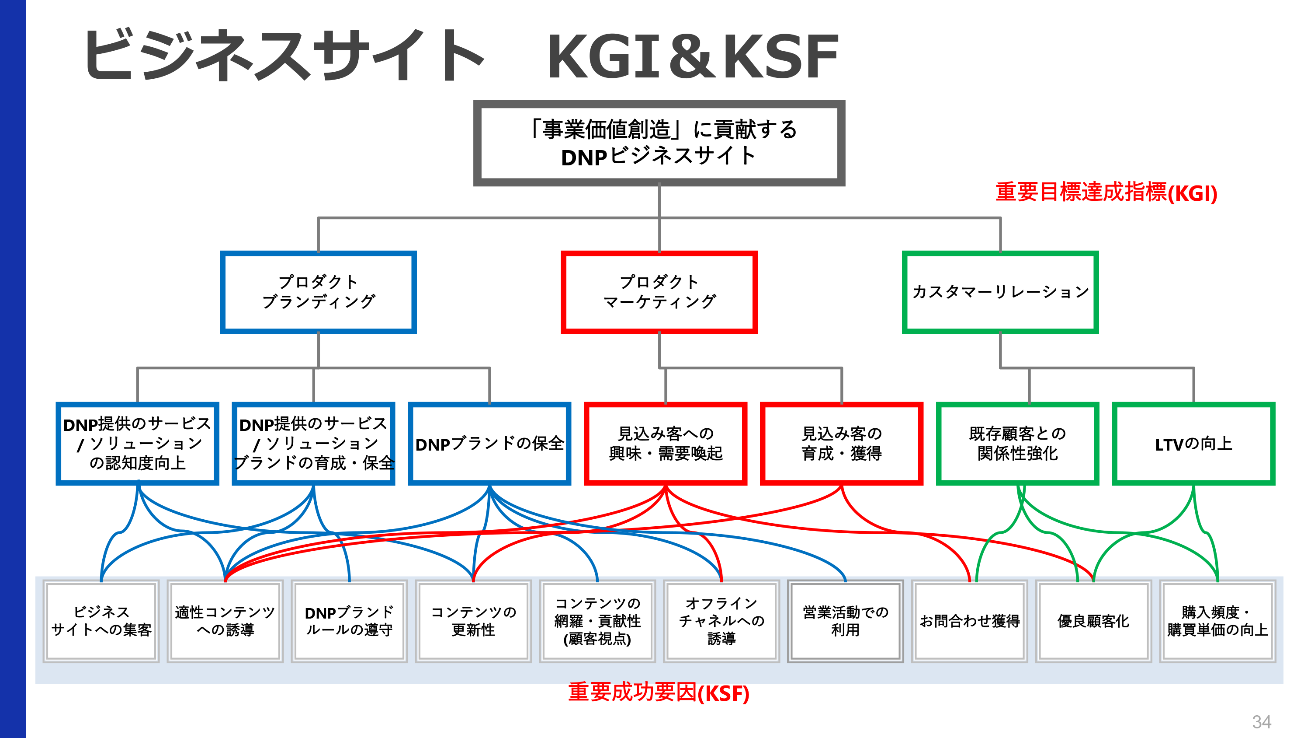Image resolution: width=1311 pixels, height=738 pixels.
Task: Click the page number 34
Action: (x=1261, y=721)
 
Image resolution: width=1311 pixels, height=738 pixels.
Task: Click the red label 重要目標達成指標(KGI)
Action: (x=1106, y=192)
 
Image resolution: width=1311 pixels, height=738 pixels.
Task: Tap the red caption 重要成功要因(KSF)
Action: (x=659, y=693)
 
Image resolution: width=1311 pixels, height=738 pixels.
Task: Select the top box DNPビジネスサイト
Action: (x=659, y=143)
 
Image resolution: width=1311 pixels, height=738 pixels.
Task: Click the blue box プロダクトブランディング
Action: (x=318, y=292)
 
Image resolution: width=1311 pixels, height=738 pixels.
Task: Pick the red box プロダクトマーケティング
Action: (x=659, y=292)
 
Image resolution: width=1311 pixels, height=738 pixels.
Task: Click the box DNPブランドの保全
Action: (x=489, y=444)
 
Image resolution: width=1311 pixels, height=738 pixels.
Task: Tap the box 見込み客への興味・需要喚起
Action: (x=665, y=444)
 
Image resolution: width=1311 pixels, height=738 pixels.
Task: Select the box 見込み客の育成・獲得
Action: (x=841, y=444)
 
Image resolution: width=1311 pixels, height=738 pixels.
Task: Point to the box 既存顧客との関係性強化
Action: (x=1017, y=444)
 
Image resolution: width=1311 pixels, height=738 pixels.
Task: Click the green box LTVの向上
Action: (x=1193, y=444)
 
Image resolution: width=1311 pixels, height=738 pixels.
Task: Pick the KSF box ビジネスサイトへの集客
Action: (x=101, y=621)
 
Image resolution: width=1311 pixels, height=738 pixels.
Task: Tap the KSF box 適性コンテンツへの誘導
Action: (x=225, y=621)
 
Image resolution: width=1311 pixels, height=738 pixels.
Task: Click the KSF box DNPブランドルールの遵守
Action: (x=349, y=621)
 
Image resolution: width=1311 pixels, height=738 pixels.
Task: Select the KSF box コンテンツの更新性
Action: (x=473, y=621)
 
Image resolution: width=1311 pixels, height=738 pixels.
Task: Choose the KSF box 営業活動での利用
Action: (x=845, y=621)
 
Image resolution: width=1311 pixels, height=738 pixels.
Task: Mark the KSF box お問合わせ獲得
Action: (x=970, y=621)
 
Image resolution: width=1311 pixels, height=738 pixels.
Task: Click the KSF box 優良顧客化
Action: (x=1093, y=621)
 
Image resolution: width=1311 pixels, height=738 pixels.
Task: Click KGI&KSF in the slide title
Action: (x=692, y=56)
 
